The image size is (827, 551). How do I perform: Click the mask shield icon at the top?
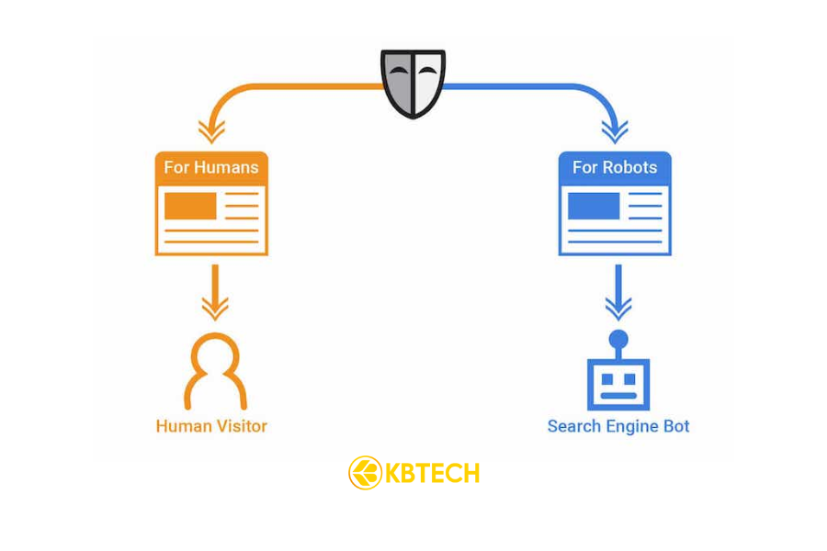[413, 83]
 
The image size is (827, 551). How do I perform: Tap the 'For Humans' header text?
[211, 168]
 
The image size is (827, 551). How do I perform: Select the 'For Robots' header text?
[615, 168]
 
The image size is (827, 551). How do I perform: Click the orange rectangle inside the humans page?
[190, 206]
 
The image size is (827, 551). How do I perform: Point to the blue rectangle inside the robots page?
[594, 206]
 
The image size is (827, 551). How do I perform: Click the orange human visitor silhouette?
[215, 371]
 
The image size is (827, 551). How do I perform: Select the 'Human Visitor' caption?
[211, 426]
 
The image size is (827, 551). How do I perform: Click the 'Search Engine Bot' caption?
[618, 426]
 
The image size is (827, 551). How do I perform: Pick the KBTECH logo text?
[432, 474]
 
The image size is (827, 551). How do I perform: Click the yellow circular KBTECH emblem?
[366, 473]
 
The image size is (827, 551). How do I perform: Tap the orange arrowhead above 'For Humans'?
[212, 131]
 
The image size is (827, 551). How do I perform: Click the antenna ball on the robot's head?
[618, 340]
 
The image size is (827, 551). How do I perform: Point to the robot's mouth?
[618, 396]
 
